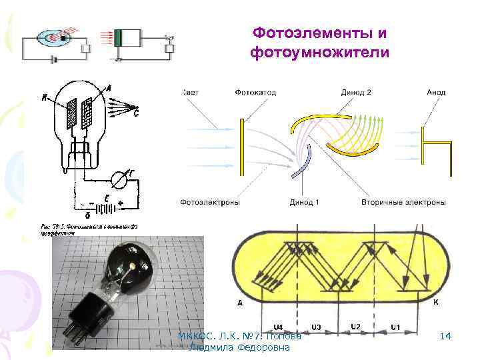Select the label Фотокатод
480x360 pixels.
[x=255, y=92]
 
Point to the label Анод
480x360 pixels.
[x=436, y=92]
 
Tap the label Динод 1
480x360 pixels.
[x=305, y=202]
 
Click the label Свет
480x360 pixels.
[x=189, y=92]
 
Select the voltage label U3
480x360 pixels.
[x=317, y=327]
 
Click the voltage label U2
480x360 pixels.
[x=356, y=325]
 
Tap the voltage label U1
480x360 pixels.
[x=395, y=327]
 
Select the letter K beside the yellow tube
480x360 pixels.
[x=435, y=302]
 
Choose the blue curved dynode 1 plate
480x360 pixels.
[x=305, y=167]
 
